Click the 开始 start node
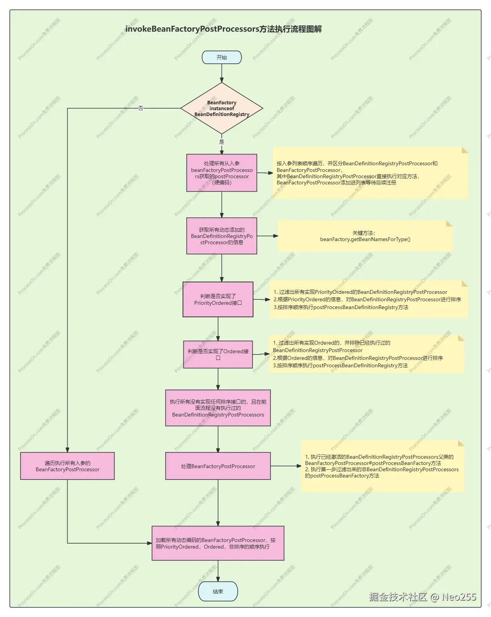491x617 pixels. tap(222, 57)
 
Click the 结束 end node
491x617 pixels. tap(218, 592)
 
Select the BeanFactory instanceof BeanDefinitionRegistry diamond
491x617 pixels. tap(222, 108)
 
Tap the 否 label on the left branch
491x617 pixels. tap(141, 108)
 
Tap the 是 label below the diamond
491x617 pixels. tap(222, 142)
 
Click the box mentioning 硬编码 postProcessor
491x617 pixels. tap(222, 173)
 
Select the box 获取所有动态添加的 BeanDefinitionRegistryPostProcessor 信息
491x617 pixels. tap(222, 236)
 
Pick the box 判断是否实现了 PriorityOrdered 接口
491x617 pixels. tap(218, 299)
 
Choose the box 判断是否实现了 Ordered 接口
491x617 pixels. tap(218, 354)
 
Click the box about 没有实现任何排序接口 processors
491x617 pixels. tap(218, 408)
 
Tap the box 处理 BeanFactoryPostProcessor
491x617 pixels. tap(218, 466)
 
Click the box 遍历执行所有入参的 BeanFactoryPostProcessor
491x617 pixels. tap(67, 466)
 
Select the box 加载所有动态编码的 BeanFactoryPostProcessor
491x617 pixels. tap(218, 543)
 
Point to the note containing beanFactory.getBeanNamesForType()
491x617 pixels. tap(365, 236)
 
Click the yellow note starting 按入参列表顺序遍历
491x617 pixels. tap(370, 173)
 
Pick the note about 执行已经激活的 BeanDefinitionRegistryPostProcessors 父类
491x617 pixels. tap(382, 466)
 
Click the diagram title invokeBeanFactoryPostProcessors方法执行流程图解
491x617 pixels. tap(223, 29)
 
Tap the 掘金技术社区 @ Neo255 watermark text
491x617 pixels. tap(422, 597)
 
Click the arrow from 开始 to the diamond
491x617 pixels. tap(222, 73)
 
